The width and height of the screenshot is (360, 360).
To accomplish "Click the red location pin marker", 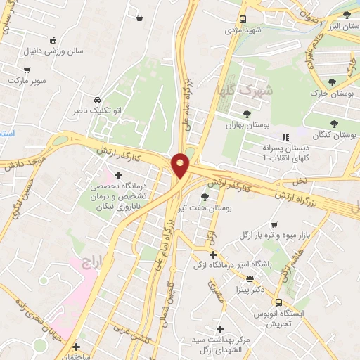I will point(180,165).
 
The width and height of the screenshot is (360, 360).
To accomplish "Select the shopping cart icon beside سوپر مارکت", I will point(27,70).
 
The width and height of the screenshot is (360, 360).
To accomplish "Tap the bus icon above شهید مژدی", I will point(243,20).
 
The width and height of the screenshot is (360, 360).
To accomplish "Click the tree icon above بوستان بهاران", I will point(247,113).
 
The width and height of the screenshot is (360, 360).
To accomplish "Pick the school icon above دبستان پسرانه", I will point(285,138).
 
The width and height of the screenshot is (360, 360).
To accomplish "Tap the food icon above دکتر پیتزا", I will point(250,278).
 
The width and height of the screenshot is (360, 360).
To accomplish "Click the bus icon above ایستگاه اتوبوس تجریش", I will point(278,302).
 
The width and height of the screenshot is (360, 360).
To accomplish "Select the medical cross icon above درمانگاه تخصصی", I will point(118,174).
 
